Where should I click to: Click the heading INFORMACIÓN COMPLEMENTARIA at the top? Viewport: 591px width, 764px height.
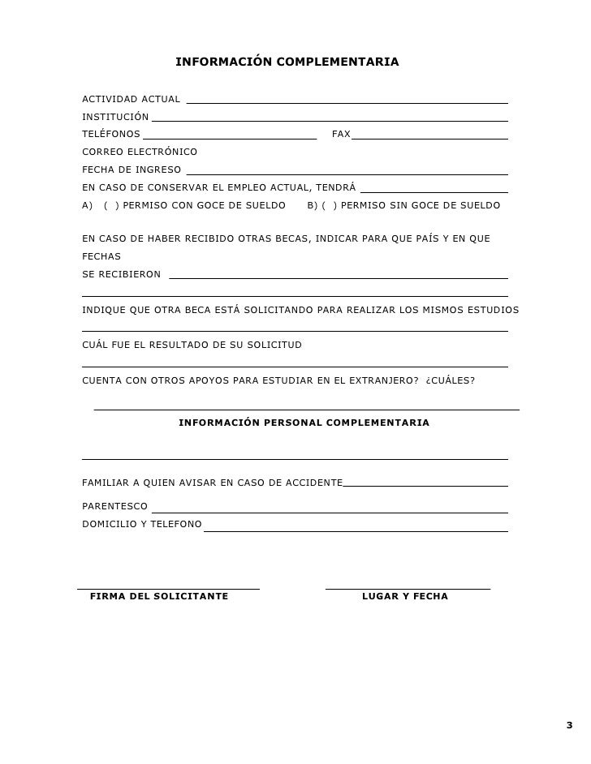pyautogui.click(x=287, y=62)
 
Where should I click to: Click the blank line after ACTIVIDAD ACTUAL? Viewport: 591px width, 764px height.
pyautogui.click(x=347, y=101)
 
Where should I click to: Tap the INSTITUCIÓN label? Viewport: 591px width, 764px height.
pyautogui.click(x=115, y=117)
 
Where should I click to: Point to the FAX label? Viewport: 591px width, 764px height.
pyautogui.click(x=341, y=135)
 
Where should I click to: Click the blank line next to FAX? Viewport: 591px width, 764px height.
pyautogui.click(x=429, y=136)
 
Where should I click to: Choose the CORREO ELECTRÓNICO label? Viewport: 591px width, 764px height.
pyautogui.click(x=140, y=152)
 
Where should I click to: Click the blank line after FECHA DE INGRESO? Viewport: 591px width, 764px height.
pyautogui.click(x=347, y=172)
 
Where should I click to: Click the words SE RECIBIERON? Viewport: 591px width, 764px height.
pyautogui.click(x=121, y=275)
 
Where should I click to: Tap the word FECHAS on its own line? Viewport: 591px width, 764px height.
pyautogui.click(x=101, y=256)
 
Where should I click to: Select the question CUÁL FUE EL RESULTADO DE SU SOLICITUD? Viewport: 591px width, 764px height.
pyautogui.click(x=192, y=346)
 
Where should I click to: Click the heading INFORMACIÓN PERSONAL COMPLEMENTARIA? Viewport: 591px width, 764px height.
pyautogui.click(x=304, y=423)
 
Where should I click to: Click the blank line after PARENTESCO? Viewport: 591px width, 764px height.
pyautogui.click(x=329, y=511)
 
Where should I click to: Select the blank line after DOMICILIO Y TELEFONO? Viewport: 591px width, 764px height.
pyautogui.click(x=355, y=530)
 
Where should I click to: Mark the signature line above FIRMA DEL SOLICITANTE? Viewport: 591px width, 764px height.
pyautogui.click(x=168, y=586)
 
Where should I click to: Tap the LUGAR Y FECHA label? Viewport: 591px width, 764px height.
pyautogui.click(x=404, y=597)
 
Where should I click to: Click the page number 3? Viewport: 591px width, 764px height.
pyautogui.click(x=568, y=725)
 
